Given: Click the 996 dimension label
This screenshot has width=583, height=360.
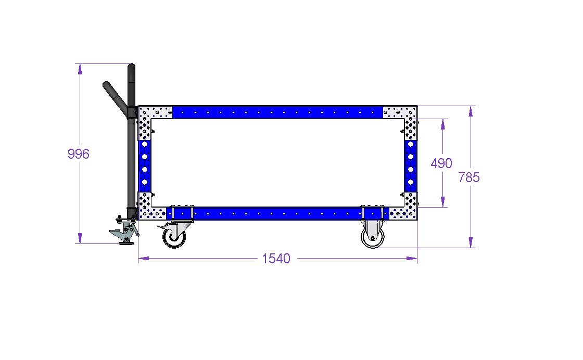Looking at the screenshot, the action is tap(79, 154).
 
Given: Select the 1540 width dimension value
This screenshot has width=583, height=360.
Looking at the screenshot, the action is tap(276, 259).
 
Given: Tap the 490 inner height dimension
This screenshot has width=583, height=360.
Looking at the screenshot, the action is tap(441, 163).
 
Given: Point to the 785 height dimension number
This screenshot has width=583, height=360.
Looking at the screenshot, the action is tap(469, 177).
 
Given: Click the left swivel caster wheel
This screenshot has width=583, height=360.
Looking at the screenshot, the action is tap(174, 237).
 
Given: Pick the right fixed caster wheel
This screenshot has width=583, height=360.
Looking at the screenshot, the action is tap(373, 237).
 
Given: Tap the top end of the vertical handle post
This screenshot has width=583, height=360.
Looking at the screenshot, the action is tap(131, 64).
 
